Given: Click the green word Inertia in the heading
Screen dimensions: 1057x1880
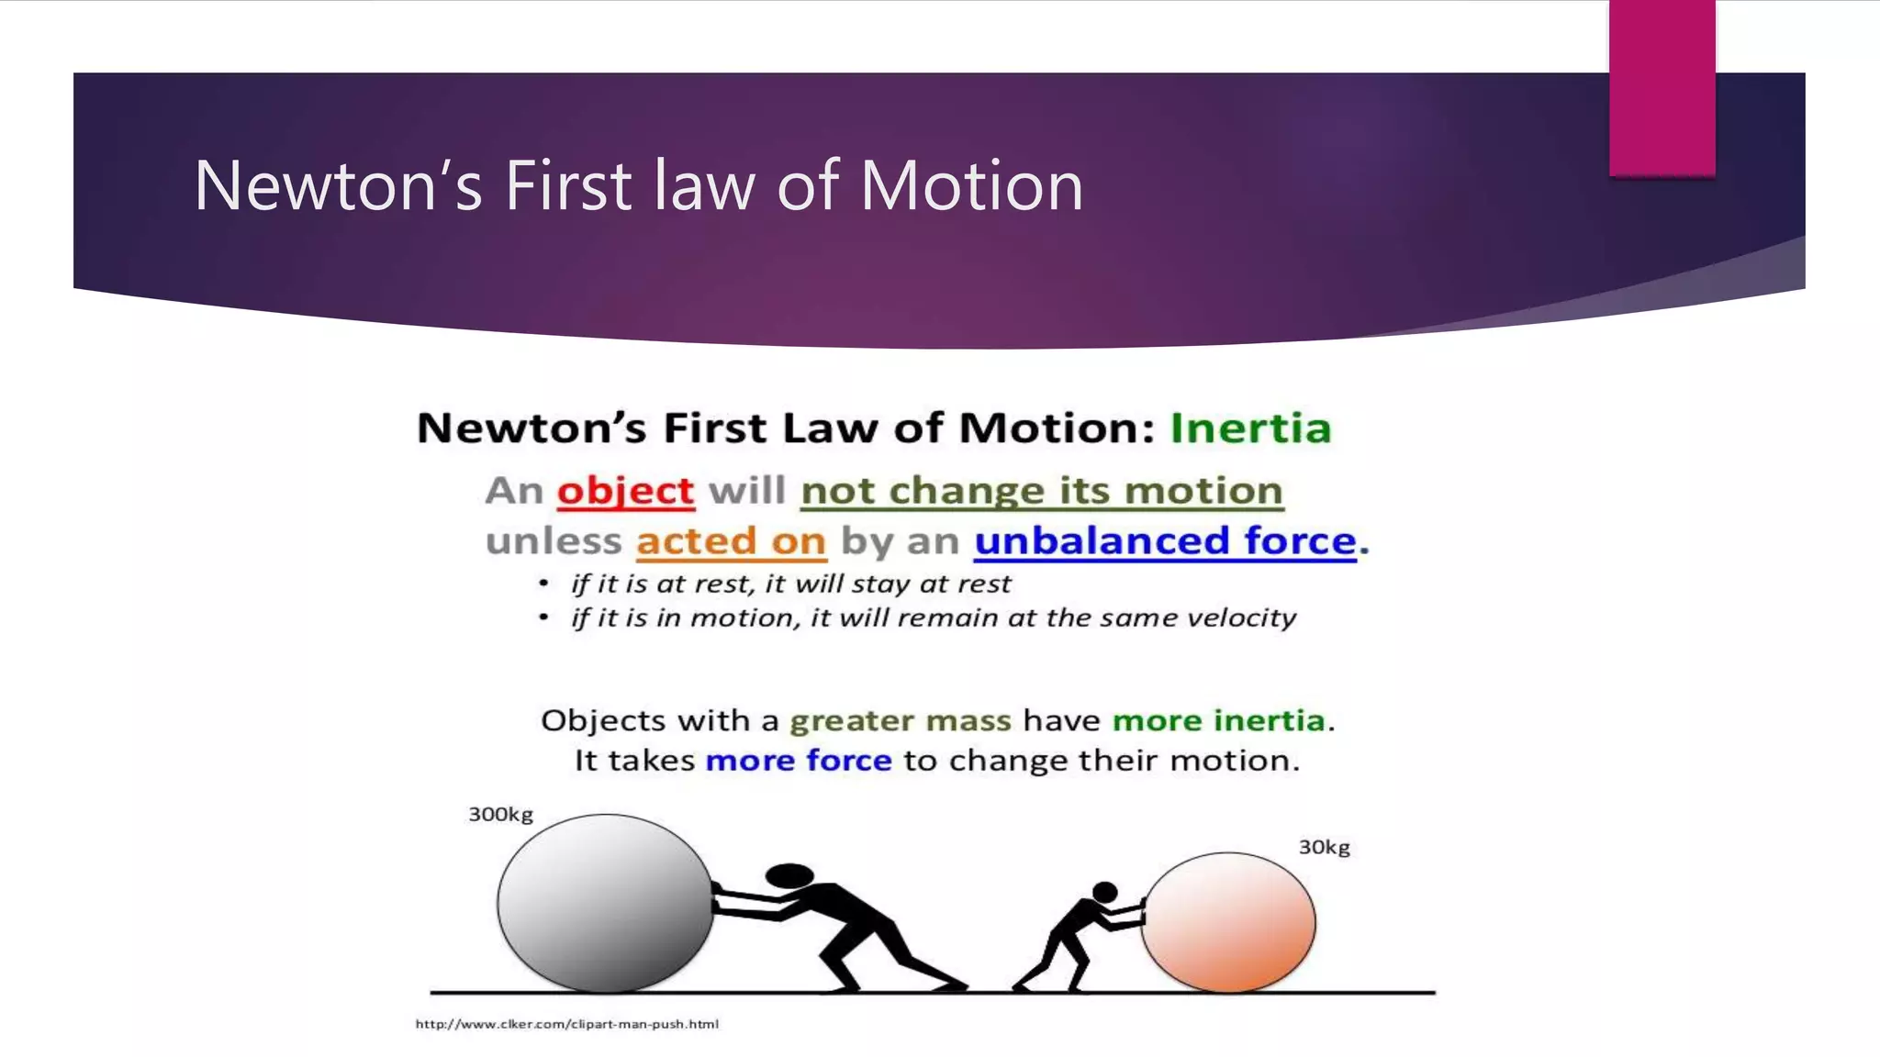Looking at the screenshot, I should [x=1250, y=428].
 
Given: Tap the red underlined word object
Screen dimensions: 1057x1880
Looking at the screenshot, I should [x=625, y=491].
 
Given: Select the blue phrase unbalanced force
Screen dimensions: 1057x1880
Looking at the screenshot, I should [x=1165, y=541].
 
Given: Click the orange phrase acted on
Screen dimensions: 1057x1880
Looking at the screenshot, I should [x=732, y=541].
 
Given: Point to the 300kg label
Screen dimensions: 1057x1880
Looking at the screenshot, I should [x=500, y=815].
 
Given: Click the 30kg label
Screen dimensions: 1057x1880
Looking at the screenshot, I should [x=1324, y=848].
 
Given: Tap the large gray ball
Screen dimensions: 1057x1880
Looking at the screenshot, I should [x=605, y=904].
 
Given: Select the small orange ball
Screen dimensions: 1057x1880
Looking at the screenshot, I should [x=1228, y=922].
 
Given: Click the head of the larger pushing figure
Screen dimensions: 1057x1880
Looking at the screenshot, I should [x=789, y=876].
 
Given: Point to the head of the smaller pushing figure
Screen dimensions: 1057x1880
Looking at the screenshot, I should [x=1105, y=892].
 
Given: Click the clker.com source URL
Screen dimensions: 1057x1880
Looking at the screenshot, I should [x=566, y=1024].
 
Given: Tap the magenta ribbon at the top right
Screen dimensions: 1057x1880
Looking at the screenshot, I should [x=1662, y=87].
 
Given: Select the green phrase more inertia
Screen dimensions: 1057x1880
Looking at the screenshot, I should [x=1218, y=721].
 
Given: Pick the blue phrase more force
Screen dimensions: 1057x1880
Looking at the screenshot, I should [x=798, y=761].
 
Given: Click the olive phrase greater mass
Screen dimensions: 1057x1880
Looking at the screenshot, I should [x=900, y=721].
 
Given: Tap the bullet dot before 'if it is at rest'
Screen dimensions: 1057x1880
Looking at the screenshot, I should [x=543, y=584].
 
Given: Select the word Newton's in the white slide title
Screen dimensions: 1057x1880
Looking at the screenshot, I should [x=338, y=186].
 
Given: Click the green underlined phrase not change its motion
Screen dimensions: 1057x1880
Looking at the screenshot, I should [x=1041, y=491].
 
